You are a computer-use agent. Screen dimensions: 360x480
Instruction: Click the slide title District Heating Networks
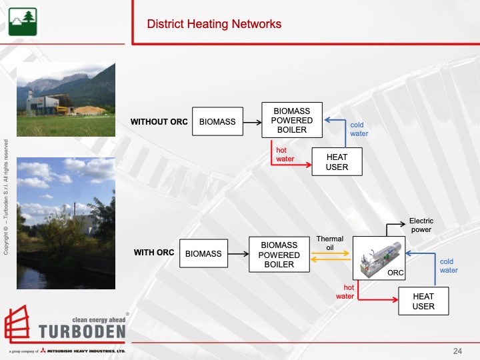tap(214, 25)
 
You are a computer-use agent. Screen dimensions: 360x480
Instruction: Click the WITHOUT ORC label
tap(159, 122)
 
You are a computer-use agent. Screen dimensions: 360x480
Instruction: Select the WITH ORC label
tap(154, 253)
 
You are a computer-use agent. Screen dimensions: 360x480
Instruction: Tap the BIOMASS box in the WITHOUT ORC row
tap(217, 122)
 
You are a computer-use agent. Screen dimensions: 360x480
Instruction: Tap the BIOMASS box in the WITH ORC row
tap(203, 254)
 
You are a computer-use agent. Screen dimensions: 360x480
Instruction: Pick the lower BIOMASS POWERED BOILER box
tap(279, 254)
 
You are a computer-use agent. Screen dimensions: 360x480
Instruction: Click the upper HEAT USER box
tap(337, 162)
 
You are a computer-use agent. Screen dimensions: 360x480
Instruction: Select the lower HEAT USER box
tap(423, 301)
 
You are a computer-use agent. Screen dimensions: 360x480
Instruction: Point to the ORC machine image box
tap(379, 258)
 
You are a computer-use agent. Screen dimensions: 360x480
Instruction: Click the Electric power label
tap(421, 225)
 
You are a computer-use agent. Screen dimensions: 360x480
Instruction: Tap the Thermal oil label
tap(329, 243)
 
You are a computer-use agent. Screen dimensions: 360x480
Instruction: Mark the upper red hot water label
tap(285, 155)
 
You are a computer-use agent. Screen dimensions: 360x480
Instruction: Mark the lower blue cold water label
tap(449, 266)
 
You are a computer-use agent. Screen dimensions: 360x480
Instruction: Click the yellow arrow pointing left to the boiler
tap(331, 260)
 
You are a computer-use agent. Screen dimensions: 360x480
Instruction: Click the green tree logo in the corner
tap(20, 21)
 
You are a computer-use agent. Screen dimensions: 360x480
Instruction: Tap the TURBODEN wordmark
tap(83, 332)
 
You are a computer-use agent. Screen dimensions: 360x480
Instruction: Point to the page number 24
tap(457, 351)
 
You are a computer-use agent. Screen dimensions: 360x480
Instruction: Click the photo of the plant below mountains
tap(65, 99)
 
